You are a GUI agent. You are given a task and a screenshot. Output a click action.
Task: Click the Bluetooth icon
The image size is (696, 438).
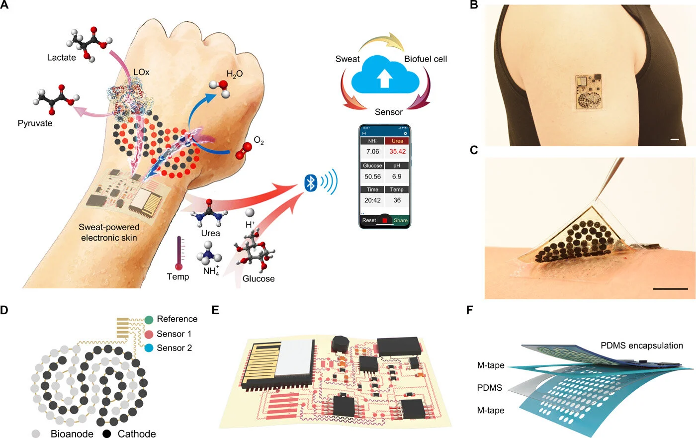(x=311, y=183)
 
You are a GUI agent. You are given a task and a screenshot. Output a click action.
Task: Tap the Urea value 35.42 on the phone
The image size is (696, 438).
(x=397, y=152)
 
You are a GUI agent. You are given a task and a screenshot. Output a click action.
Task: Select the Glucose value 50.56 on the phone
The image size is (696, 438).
(x=372, y=176)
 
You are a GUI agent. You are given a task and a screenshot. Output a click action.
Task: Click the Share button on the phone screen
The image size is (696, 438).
(x=400, y=220)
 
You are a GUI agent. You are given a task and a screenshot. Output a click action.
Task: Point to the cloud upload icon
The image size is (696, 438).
(x=384, y=77)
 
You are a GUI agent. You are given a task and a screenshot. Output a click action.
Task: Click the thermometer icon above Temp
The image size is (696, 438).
(x=179, y=253)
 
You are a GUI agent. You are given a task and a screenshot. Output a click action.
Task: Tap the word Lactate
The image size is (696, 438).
(x=62, y=58)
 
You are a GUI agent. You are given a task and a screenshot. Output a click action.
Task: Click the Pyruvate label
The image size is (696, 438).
(x=35, y=123)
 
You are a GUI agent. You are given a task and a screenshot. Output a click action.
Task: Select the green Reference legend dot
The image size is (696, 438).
(x=148, y=320)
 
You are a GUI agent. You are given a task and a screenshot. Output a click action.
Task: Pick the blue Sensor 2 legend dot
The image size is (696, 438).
(x=148, y=348)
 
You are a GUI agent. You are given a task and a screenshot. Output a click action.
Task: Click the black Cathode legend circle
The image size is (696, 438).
(x=106, y=434)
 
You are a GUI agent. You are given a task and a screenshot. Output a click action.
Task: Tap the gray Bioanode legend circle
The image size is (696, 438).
(x=36, y=434)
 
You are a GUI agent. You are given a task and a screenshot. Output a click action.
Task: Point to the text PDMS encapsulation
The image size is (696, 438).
(x=641, y=346)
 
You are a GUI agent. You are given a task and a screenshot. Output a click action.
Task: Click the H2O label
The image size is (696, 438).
(x=235, y=74)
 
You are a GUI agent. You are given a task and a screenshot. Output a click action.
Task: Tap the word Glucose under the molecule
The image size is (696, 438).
(x=259, y=279)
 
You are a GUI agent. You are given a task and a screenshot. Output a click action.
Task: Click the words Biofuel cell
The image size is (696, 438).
(x=426, y=59)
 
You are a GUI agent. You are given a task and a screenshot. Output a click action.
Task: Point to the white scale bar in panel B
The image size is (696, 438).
(x=675, y=140)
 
